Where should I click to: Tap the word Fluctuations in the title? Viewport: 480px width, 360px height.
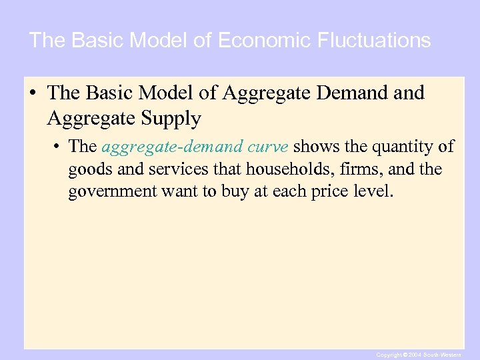377,41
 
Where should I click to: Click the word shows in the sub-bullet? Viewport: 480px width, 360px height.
317,147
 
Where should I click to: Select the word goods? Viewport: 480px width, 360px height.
89,169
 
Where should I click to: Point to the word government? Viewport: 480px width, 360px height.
112,192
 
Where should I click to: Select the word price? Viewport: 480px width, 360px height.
335,192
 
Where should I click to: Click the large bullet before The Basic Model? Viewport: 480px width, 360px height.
33,93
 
